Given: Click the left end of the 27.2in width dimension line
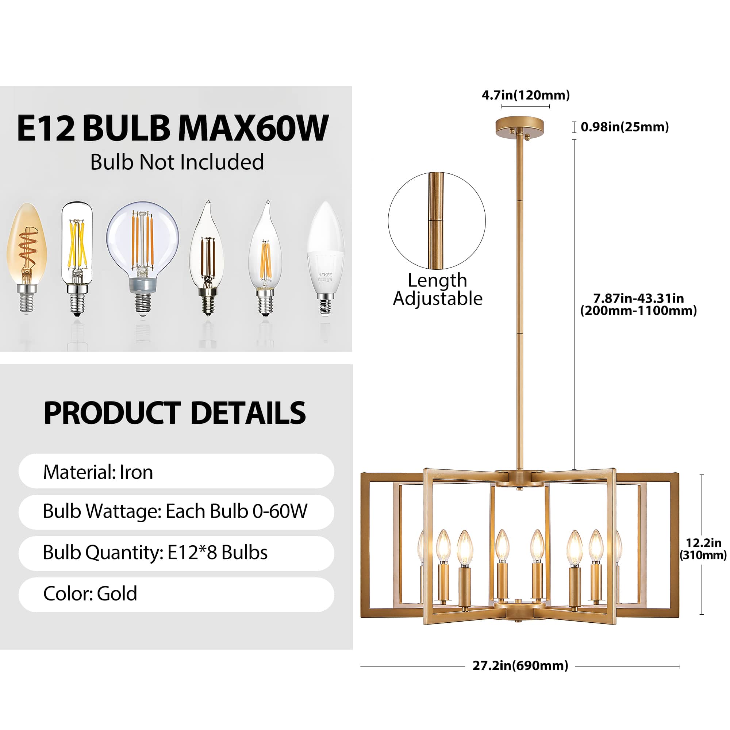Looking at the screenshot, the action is [361, 666].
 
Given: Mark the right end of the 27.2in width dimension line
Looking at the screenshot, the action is [679, 666].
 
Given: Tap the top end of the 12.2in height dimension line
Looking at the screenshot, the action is [702, 475].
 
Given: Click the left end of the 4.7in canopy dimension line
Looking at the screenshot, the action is [502, 107].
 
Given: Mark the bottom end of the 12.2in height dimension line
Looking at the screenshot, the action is [702, 614].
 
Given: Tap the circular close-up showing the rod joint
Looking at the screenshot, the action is [437, 221].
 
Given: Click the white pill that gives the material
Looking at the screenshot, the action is [176, 471].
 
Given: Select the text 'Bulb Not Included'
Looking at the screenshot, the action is [177, 162].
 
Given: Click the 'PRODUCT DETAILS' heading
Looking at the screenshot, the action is [174, 413].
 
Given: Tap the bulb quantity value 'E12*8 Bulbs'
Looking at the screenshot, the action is [217, 553].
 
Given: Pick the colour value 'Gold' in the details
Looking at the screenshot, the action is [117, 593].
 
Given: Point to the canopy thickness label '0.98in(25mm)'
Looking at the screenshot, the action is [625, 127].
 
